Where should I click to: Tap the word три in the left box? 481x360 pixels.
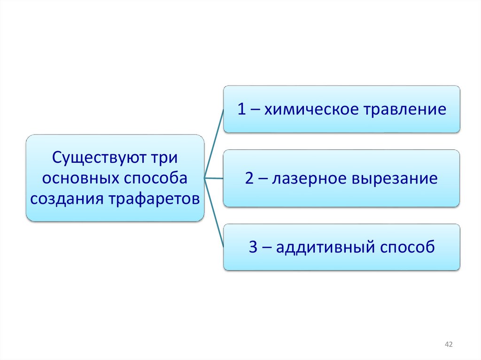click(x=165, y=157)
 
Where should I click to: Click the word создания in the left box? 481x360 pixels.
click(x=67, y=199)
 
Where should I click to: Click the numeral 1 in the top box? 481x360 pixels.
click(x=241, y=109)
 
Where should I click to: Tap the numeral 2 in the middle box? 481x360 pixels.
click(x=249, y=179)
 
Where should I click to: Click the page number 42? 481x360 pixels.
click(x=448, y=345)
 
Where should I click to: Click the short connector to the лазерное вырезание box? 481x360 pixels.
click(x=214, y=178)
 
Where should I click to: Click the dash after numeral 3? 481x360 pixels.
click(x=266, y=248)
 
